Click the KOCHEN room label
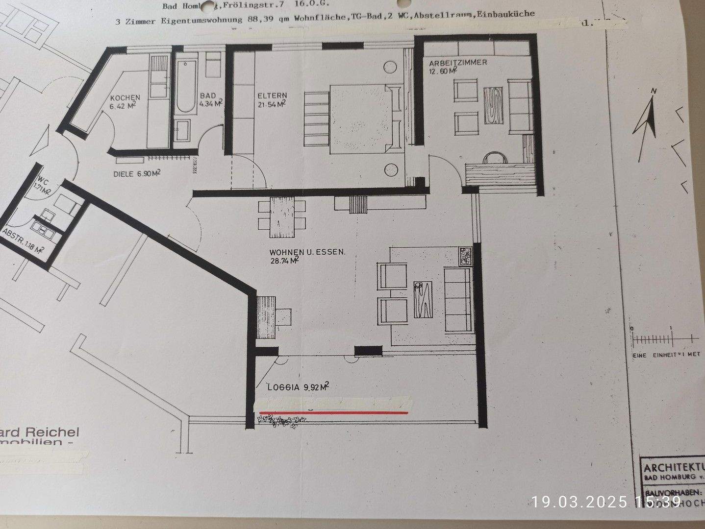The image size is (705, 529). pos(125,97)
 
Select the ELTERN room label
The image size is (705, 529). pos(271,96)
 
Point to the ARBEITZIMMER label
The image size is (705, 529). pos(457,63)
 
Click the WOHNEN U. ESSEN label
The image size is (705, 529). pos(307,252)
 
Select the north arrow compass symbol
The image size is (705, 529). pos(647,125)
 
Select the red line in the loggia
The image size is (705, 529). pos(333,413)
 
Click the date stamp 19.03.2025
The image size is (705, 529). pos(579,502)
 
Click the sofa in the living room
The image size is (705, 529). pos(457,300)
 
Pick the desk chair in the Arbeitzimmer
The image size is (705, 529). pos(494,158)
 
